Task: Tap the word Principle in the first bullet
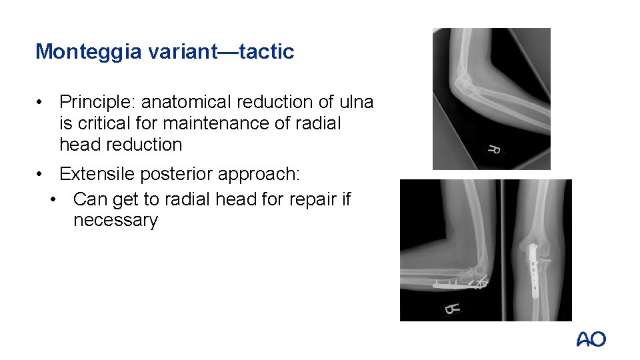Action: point(97,102)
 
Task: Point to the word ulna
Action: point(357,102)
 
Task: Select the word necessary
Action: point(115,221)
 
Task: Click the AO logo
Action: point(591,340)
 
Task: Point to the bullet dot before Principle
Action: point(41,103)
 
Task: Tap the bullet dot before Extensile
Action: point(41,175)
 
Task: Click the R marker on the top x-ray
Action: point(494,149)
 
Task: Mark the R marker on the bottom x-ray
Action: point(453,309)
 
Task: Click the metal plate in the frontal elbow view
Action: point(534,270)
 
